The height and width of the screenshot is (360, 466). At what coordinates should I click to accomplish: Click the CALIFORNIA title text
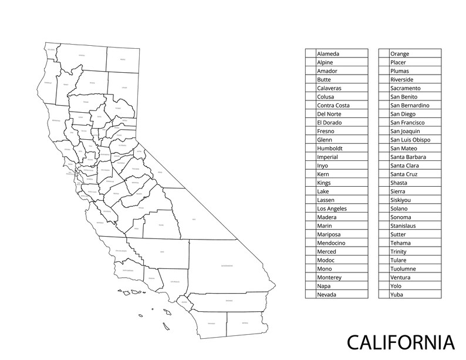400,342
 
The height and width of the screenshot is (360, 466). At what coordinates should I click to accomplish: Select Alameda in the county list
328,53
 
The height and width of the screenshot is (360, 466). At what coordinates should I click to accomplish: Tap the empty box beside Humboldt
310,149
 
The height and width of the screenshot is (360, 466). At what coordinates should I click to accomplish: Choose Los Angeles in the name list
332,208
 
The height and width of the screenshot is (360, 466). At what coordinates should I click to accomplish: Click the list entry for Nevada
326,294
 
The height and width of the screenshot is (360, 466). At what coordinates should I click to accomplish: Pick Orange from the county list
400,53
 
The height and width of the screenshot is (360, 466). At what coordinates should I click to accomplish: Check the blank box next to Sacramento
384,88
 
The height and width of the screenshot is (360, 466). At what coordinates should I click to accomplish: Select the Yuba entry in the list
397,294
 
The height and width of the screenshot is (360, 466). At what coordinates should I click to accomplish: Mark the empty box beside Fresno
310,131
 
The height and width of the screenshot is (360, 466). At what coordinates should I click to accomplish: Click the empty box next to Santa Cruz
384,174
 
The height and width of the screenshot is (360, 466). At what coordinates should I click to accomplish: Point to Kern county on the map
161,253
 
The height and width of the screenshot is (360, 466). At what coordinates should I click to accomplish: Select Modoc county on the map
123,59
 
